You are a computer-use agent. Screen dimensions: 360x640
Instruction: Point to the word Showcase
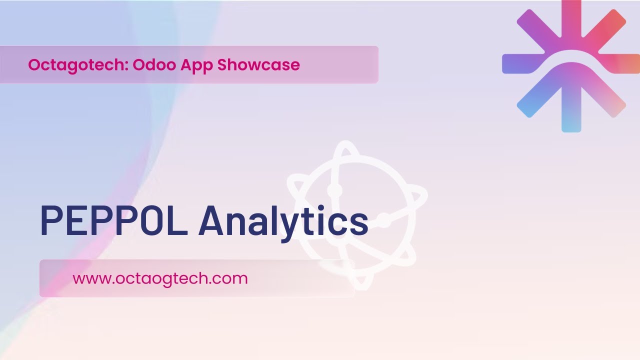(258, 65)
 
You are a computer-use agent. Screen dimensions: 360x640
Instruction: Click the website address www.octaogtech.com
(160, 278)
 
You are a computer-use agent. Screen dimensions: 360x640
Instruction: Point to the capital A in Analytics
(213, 220)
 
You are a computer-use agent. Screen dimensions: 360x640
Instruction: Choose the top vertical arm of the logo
(571, 20)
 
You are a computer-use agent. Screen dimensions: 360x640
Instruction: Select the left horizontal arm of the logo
(520, 64)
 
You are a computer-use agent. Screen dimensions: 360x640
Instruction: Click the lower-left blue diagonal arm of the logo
(532, 102)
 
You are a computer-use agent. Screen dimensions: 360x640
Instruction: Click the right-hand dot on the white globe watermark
(383, 220)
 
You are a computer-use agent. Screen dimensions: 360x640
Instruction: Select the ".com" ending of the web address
(232, 278)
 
